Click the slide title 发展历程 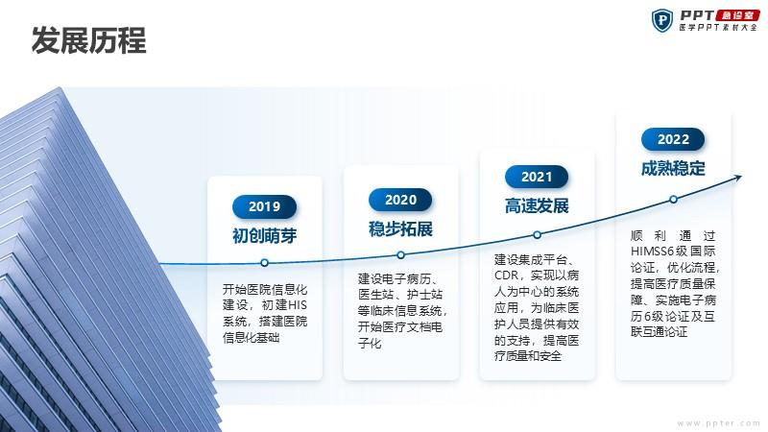88,40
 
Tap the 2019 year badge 265,206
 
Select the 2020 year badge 400,200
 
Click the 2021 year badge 537,177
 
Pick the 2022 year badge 673,139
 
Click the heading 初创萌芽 265,235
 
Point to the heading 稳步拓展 400,228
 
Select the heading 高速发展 537,205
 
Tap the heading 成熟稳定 673,169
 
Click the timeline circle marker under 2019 265,263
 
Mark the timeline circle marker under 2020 400,255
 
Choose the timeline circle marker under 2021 538,235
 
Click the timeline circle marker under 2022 674,200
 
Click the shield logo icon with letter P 662,20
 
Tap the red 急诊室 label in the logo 737,15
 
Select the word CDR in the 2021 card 506,276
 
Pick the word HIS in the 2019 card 297,305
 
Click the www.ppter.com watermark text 718,423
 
